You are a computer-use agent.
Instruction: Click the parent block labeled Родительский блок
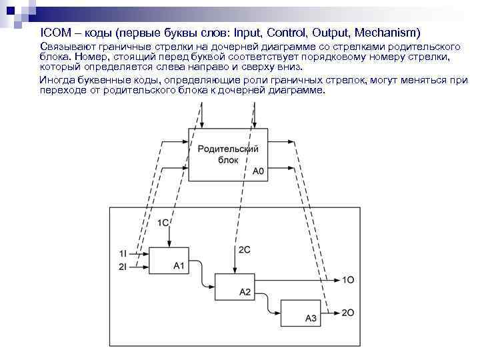pyautogui.click(x=228, y=154)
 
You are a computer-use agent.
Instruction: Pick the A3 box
pyautogui.click(x=301, y=312)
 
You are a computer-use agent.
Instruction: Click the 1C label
pyautogui.click(x=163, y=223)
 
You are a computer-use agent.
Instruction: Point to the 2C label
pyautogui.click(x=245, y=249)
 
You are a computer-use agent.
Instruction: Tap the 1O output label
pyautogui.click(x=349, y=280)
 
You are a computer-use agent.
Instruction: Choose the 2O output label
pyautogui.click(x=349, y=312)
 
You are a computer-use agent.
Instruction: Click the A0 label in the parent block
pyautogui.click(x=259, y=171)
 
